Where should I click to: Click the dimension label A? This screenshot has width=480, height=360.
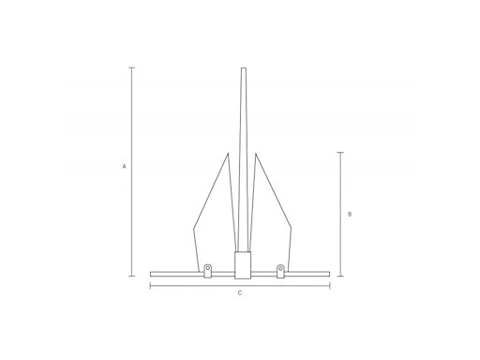124,166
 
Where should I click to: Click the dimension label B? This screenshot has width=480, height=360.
350,214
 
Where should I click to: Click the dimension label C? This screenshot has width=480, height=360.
240,293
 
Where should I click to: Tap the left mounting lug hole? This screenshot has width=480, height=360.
207,268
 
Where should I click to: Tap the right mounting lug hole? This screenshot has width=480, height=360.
280,268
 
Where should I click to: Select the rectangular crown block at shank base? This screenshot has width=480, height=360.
243,265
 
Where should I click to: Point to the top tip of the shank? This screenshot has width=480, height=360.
244,68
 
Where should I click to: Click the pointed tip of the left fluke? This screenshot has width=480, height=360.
228,154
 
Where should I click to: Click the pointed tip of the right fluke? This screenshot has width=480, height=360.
256,154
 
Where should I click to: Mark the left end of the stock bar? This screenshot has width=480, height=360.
151,274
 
